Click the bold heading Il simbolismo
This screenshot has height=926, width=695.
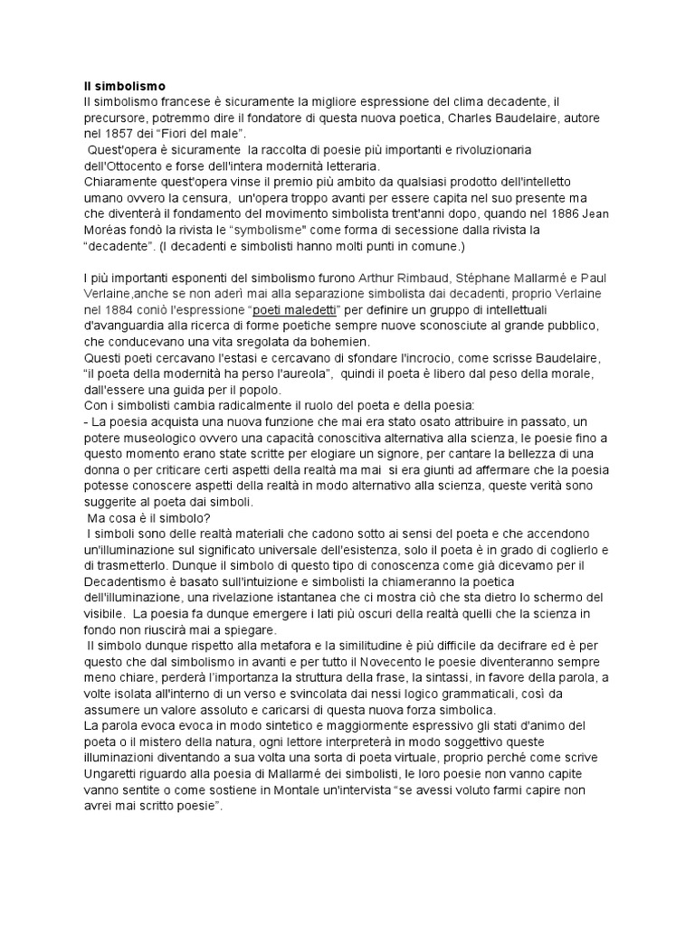[124, 86]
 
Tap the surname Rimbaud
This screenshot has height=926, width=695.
[417, 277]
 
